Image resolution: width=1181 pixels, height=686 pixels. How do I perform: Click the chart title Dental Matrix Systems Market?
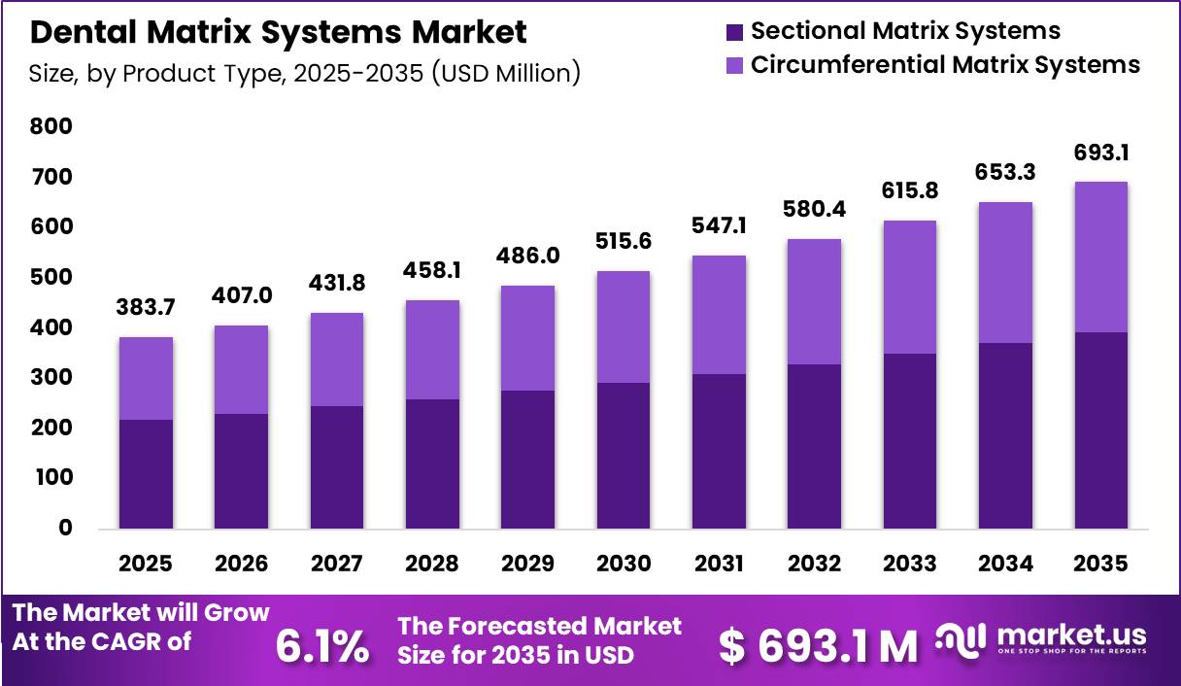(279, 32)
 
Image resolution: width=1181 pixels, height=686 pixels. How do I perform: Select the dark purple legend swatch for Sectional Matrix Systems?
(734, 32)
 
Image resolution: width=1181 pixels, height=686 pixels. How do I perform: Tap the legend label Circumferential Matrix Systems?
(945, 65)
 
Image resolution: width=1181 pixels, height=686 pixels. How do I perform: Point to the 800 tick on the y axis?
(51, 126)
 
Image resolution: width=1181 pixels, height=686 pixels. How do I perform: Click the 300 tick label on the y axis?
(51, 377)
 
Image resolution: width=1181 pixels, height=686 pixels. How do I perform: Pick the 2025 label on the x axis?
(146, 564)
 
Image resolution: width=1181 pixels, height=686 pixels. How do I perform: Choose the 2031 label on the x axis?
(719, 564)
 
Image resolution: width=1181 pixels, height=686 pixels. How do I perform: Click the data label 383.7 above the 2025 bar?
(146, 307)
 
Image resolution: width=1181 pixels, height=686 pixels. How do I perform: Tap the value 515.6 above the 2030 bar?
(624, 241)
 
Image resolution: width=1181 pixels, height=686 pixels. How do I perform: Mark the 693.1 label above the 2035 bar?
(1101, 153)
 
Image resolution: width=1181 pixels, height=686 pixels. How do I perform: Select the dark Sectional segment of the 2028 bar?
(432, 464)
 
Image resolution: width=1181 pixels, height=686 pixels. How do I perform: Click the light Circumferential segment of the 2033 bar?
(910, 288)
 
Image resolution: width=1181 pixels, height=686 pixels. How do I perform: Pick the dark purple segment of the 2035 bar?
(1101, 430)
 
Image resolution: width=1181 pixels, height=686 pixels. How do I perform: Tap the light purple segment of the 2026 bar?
(241, 369)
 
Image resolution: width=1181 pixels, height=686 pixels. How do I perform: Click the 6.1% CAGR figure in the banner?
(322, 646)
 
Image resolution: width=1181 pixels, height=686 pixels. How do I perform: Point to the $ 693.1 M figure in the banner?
(819, 646)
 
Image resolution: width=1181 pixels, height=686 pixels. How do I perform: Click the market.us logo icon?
(961, 640)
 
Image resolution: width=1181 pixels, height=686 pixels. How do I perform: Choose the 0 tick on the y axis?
(65, 528)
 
